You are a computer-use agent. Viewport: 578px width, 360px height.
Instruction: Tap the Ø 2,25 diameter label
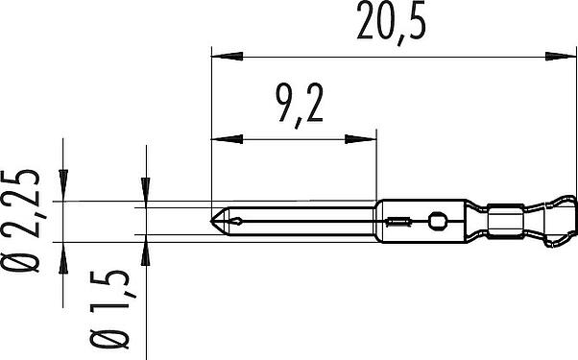pyautogui.click(x=21, y=221)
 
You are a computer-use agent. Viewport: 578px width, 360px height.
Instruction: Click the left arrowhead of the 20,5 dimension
pyautogui.click(x=227, y=57)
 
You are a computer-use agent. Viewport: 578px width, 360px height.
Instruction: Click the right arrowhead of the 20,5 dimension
pyautogui.click(x=561, y=57)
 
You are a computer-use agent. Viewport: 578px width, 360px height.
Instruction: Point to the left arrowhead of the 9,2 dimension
pyautogui.click(x=227, y=139)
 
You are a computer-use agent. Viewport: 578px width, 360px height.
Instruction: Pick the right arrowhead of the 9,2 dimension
pyautogui.click(x=360, y=139)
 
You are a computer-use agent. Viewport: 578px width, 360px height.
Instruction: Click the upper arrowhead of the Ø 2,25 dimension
pyautogui.click(x=63, y=185)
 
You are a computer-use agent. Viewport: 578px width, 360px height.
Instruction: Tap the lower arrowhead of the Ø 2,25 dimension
pyautogui.click(x=63, y=258)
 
